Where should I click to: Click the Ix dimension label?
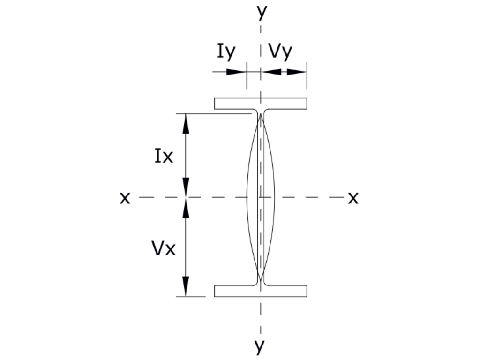(164, 156)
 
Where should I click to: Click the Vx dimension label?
(164, 248)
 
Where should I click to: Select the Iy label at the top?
(226, 52)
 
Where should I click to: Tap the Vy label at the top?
(280, 52)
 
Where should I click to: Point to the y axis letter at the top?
(262, 12)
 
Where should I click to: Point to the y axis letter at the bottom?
(260, 346)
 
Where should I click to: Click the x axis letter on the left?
(125, 198)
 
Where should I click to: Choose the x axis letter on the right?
(353, 198)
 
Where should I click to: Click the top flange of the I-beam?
(261, 104)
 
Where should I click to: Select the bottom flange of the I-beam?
(261, 291)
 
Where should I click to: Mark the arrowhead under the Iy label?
(236, 72)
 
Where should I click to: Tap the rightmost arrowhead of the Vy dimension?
(297, 72)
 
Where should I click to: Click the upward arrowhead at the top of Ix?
(186, 123)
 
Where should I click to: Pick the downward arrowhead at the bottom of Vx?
(186, 286)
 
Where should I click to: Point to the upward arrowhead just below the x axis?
(186, 208)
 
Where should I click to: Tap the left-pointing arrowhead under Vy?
(271, 72)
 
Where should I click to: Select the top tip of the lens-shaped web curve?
(261, 114)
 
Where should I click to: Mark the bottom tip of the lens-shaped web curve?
(261, 280)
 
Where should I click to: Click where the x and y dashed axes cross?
(261, 197)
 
